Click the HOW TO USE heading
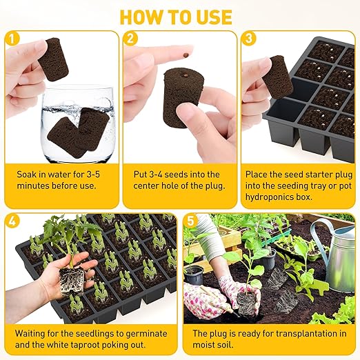[179, 15]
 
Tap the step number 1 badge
[12, 39]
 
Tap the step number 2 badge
[130, 39]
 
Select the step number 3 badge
[248, 39]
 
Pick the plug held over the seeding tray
[279, 76]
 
